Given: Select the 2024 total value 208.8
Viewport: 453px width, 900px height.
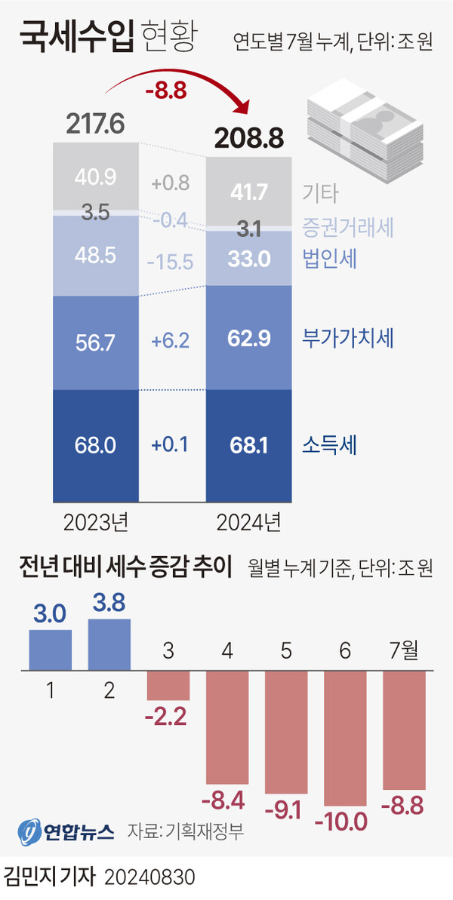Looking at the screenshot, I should [x=248, y=137].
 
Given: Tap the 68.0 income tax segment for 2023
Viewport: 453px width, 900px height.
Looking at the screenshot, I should [x=96, y=445].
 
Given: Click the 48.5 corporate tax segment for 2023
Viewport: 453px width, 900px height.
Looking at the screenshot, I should [x=96, y=255].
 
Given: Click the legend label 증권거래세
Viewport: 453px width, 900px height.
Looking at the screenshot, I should [x=349, y=226].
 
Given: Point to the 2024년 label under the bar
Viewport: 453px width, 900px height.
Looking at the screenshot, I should [x=248, y=522].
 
